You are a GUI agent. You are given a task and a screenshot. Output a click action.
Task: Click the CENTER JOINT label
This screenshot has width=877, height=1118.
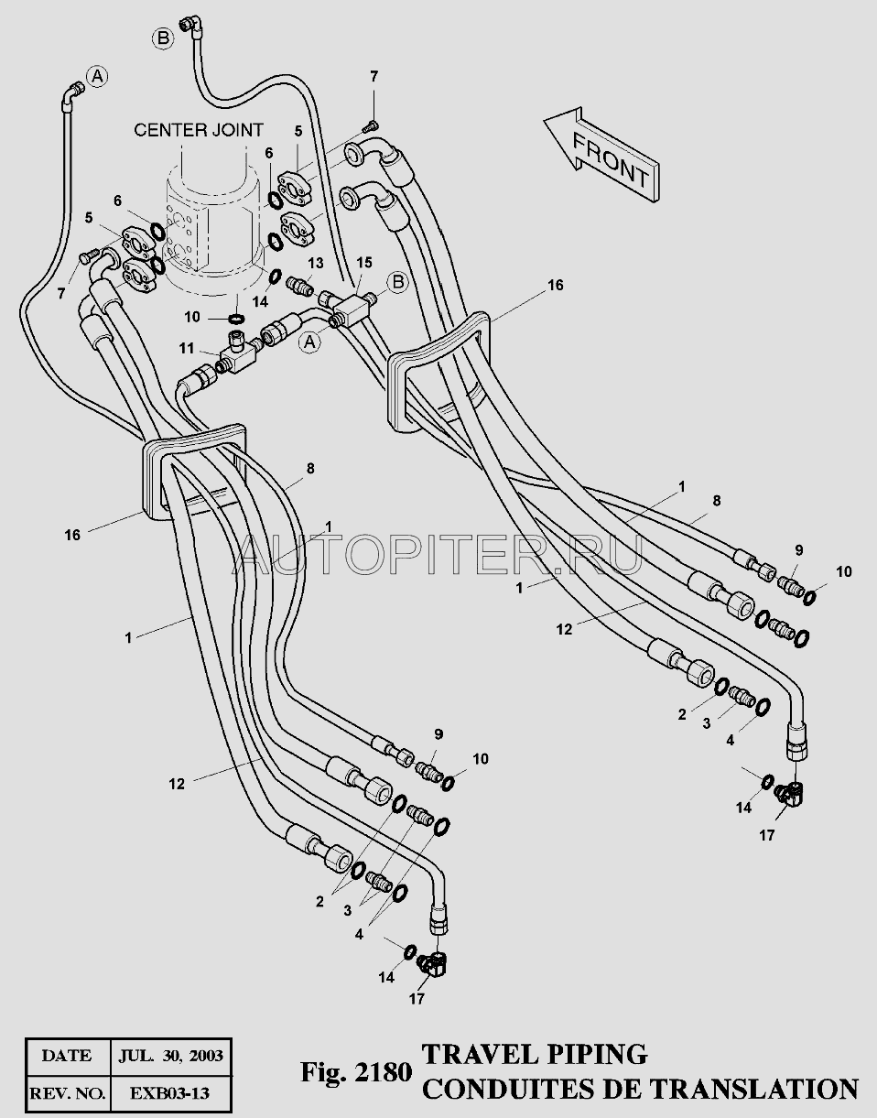pyautogui.click(x=199, y=130)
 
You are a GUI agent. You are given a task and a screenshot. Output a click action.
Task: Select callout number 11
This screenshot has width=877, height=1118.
pyautogui.click(x=186, y=349)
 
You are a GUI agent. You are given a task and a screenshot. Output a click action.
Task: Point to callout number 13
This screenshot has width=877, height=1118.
pyautogui.click(x=316, y=263)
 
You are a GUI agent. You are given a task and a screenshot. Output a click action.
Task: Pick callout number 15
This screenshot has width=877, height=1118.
pyautogui.click(x=364, y=263)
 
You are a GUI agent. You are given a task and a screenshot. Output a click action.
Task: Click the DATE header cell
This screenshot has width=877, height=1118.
pyautogui.click(x=68, y=1056)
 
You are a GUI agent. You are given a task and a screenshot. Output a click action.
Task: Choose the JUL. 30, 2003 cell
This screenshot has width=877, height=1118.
pyautogui.click(x=171, y=1056)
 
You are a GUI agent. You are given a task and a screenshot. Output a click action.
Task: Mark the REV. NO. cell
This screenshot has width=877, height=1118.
pyautogui.click(x=68, y=1092)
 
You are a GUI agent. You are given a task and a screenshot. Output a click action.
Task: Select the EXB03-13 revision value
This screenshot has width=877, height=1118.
pyautogui.click(x=171, y=1092)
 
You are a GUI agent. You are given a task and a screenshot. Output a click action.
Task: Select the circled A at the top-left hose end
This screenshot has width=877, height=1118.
pyautogui.click(x=97, y=77)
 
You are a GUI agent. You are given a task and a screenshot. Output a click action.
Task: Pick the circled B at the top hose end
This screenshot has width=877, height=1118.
pyautogui.click(x=163, y=38)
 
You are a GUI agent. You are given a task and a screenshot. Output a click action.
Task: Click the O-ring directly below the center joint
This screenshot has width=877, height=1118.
pyautogui.click(x=236, y=318)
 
